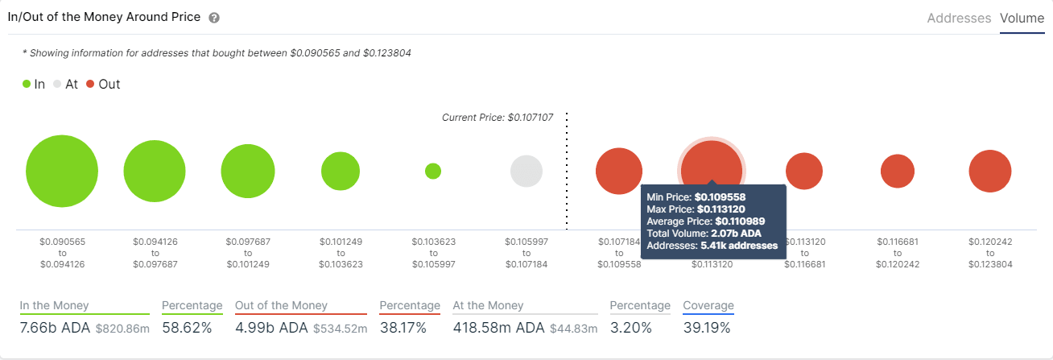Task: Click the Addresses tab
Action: (959, 18)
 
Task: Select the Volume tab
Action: (1022, 18)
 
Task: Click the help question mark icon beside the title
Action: (213, 18)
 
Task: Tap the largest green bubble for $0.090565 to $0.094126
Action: (62, 172)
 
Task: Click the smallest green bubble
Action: (433, 171)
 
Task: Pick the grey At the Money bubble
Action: (526, 171)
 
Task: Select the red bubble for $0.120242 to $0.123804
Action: (990, 171)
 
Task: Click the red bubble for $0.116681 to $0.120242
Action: (898, 171)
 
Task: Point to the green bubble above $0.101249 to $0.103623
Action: (341, 171)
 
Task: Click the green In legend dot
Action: (27, 84)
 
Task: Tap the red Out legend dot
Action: (90, 84)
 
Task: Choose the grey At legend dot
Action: (57, 84)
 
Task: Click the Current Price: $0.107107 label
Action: (498, 118)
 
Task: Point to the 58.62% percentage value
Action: (187, 328)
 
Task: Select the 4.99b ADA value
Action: (272, 328)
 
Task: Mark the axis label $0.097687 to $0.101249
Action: (248, 252)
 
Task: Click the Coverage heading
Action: (708, 305)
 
